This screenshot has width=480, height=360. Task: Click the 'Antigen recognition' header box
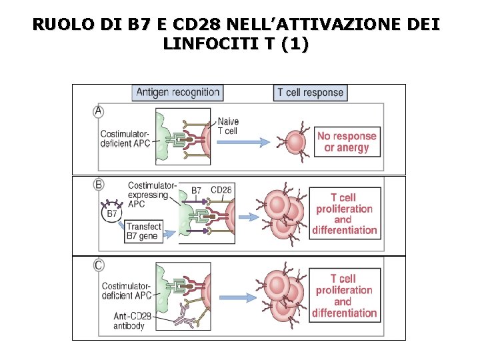(x=177, y=93)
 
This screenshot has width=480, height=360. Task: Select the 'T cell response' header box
(x=311, y=93)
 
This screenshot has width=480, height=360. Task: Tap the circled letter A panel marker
(x=99, y=113)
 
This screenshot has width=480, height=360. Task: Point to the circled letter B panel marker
(x=99, y=184)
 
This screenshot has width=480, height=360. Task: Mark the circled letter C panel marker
(x=99, y=265)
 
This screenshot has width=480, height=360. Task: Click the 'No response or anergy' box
(x=347, y=142)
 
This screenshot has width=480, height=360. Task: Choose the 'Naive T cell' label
(x=228, y=127)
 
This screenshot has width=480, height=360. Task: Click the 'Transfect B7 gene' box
(x=144, y=231)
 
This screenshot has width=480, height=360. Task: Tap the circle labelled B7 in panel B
(x=113, y=214)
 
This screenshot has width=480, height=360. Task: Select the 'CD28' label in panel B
(x=221, y=190)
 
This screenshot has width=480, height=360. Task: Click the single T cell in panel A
(x=295, y=141)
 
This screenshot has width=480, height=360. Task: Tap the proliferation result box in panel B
(x=345, y=213)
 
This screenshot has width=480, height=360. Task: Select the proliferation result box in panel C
(x=345, y=295)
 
